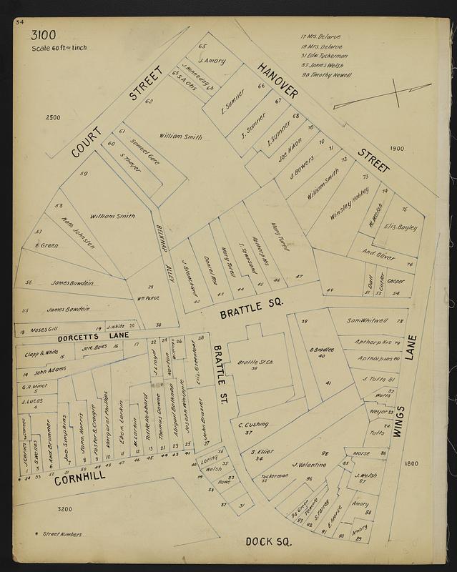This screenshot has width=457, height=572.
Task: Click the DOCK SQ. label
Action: (269, 542)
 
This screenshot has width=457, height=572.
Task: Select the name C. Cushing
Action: (252, 424)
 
